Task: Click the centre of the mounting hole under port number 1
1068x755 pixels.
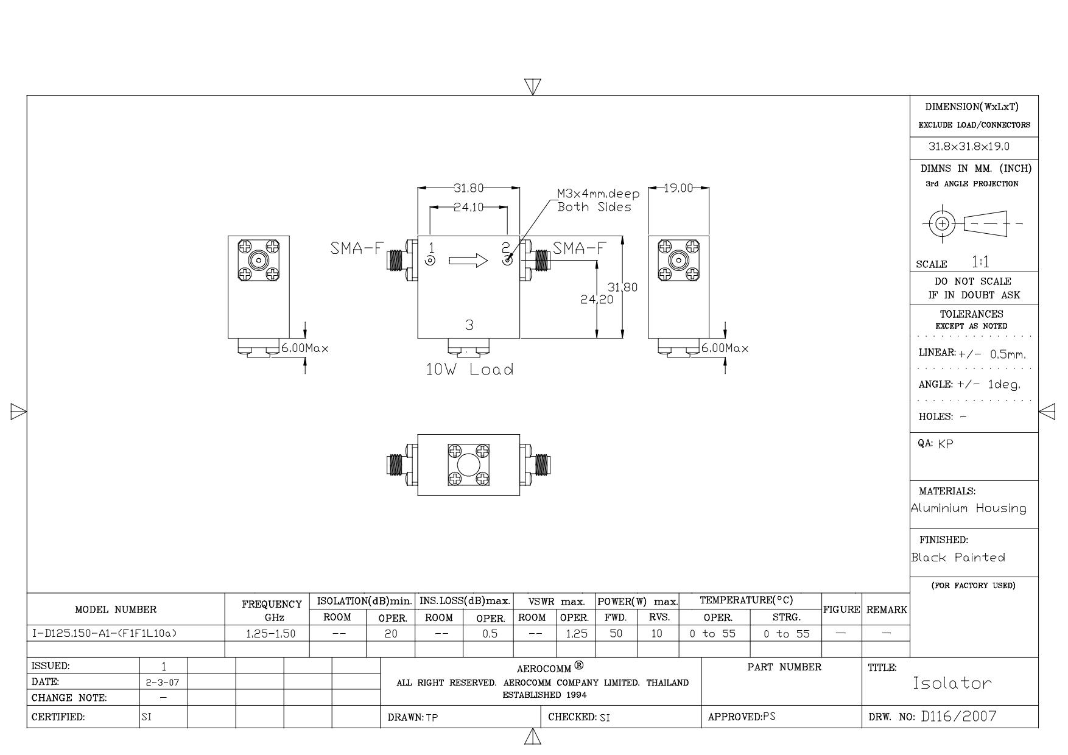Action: tap(430, 261)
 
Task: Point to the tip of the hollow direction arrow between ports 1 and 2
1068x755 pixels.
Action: tap(488, 261)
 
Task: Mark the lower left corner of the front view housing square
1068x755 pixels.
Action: tap(418, 338)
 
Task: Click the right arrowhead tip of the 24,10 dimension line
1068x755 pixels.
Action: tap(507, 207)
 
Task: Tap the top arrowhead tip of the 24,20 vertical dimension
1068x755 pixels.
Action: tap(597, 261)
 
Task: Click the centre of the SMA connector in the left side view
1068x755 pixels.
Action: tap(259, 261)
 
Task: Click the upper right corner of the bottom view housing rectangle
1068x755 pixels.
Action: tap(520, 435)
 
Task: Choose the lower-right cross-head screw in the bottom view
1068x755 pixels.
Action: tap(482, 479)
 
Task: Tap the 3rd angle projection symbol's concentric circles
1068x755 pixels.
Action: tap(942, 223)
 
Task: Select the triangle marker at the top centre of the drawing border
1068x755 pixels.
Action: tap(533, 86)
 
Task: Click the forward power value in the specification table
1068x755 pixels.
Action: tap(616, 633)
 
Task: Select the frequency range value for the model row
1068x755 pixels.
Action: tap(271, 634)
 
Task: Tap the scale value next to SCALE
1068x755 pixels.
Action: tap(980, 262)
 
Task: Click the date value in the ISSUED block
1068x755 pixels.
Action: tap(163, 683)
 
